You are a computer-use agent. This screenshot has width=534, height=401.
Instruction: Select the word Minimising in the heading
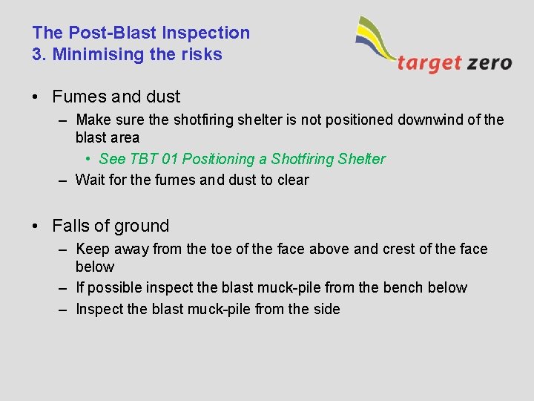coord(91,54)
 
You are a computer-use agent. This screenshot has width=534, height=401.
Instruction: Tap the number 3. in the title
coord(39,54)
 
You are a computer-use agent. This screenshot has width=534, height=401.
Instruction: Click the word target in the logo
coord(429,62)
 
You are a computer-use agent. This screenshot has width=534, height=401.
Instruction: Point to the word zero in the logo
coord(489,62)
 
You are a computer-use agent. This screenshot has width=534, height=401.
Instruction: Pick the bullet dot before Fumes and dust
coord(36,97)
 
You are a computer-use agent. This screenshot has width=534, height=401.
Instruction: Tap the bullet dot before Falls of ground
coord(36,226)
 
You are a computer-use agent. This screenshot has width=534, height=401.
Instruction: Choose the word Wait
coord(90,180)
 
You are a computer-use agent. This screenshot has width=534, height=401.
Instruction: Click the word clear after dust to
coord(293,180)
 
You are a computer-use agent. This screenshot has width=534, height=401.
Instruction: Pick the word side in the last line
coord(326,309)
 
